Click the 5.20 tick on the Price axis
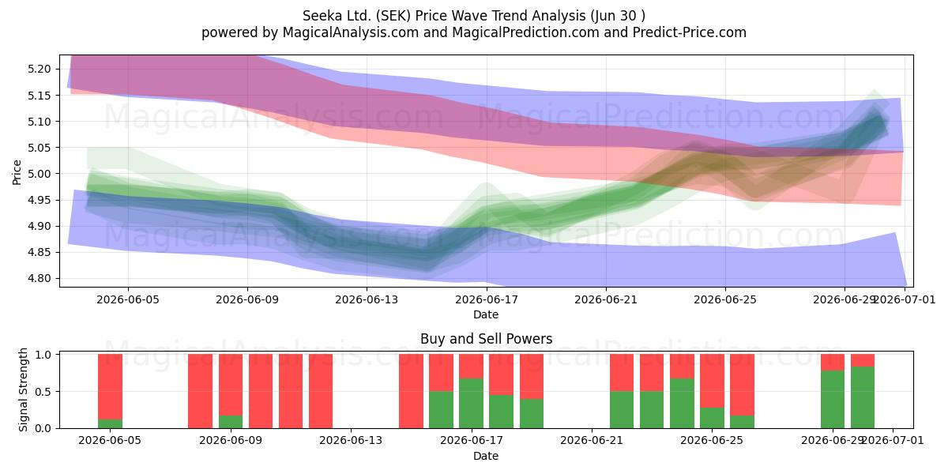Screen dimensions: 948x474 click(39, 69)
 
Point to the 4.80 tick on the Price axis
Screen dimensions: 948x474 click(39, 278)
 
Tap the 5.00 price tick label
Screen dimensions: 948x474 click(39, 174)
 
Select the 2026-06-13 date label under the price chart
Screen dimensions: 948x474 click(367, 299)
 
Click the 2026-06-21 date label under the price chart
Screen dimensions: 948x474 click(606, 299)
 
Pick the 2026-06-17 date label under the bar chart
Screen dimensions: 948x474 click(472, 441)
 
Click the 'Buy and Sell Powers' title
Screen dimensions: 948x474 click(487, 339)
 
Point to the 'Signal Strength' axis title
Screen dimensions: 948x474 click(23, 389)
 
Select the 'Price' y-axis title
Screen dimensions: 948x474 click(17, 172)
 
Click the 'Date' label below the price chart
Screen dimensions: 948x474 click(486, 314)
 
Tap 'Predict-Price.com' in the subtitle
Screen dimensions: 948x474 click(689, 32)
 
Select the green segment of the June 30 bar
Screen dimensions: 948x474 click(863, 397)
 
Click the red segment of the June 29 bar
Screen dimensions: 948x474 click(833, 363)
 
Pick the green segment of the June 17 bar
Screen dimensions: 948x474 click(471, 404)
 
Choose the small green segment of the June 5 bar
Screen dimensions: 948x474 click(110, 423)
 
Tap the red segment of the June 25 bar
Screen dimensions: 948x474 click(712, 381)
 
